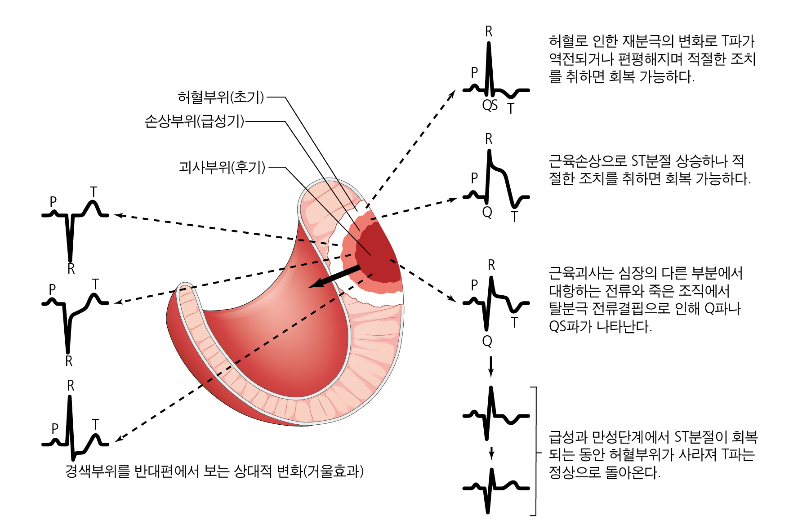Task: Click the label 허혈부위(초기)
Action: point(221,97)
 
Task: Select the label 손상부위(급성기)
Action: point(194,121)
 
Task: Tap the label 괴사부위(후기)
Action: point(222,167)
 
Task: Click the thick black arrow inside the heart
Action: point(334,276)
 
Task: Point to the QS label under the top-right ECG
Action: point(490,105)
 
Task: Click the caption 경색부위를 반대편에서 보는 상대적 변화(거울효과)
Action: point(214,471)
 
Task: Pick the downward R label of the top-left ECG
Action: point(71,269)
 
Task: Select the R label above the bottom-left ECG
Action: point(71,386)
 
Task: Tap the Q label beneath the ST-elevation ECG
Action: point(487,212)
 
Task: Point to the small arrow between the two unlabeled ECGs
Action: point(492,453)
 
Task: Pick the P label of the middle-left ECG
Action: point(53,289)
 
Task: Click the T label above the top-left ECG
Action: point(94,192)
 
